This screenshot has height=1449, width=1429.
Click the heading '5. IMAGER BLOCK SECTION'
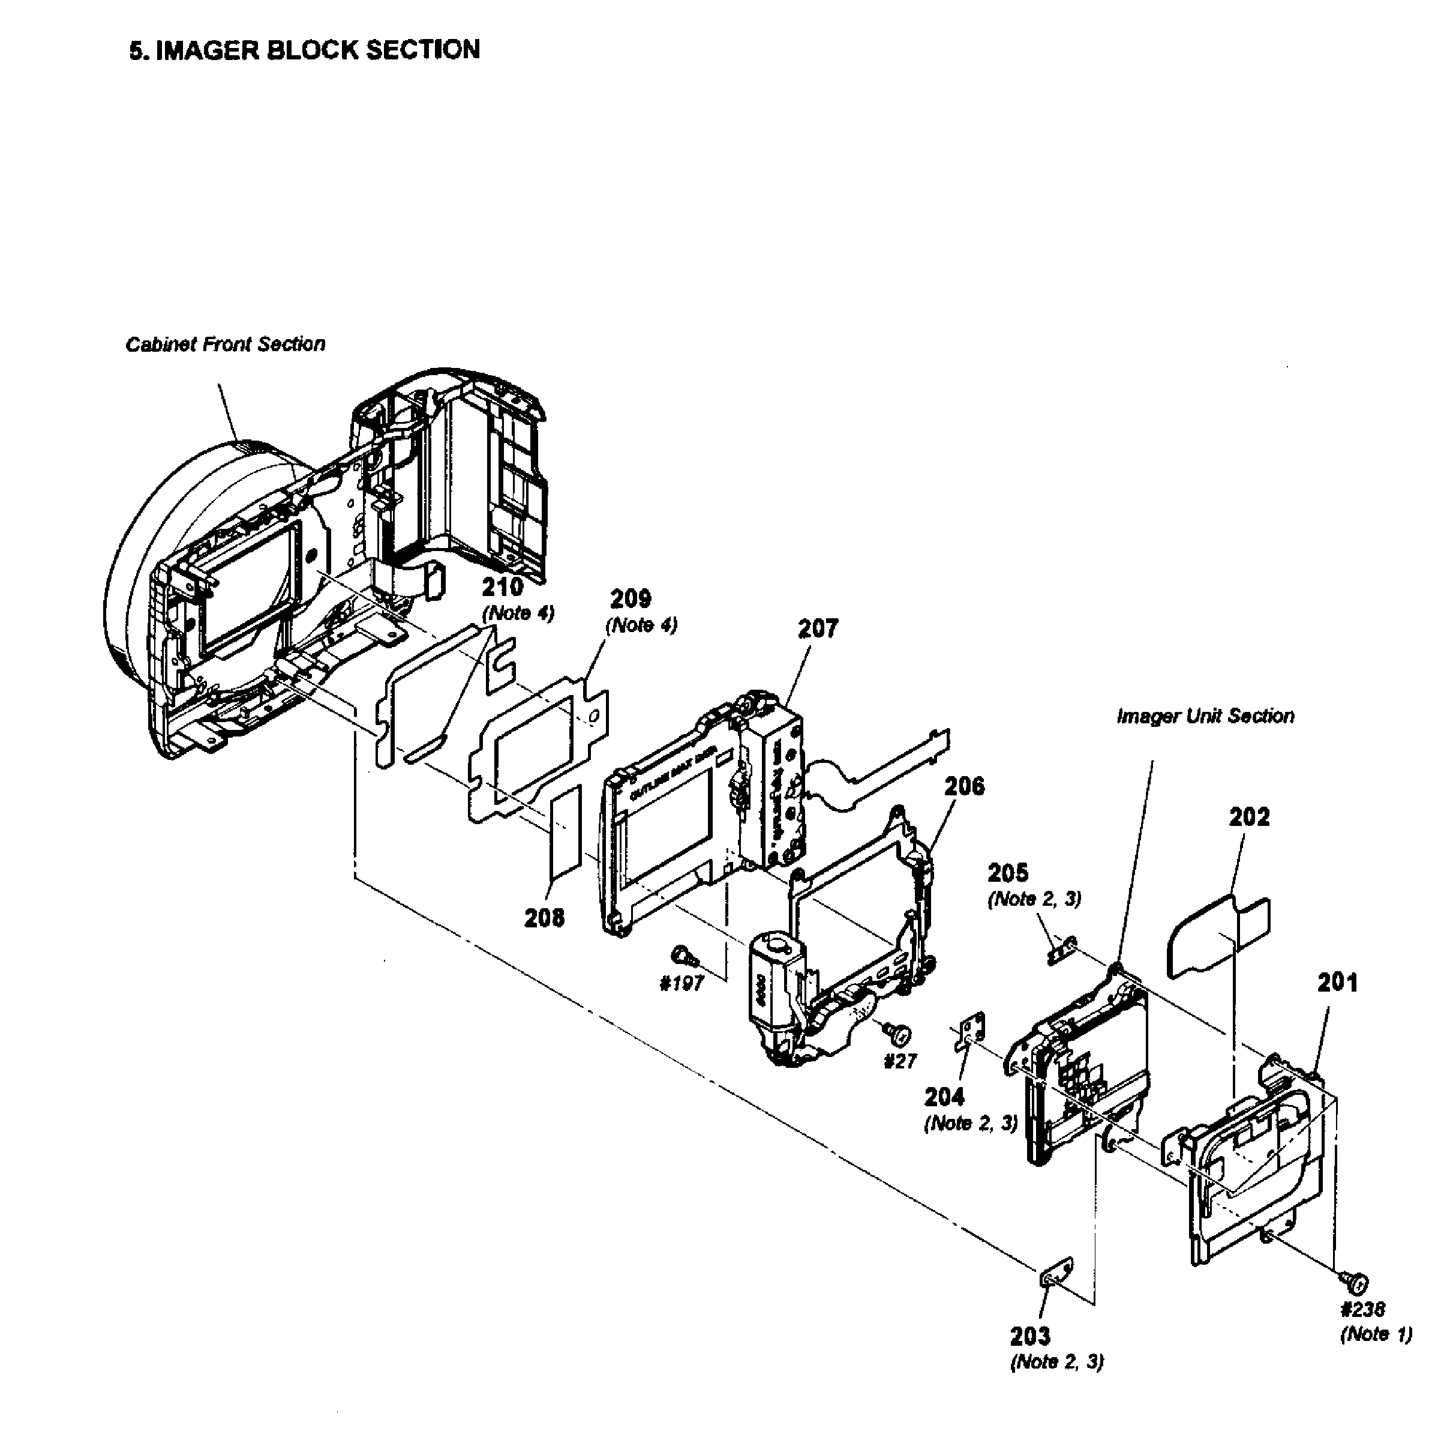pyautogui.click(x=304, y=49)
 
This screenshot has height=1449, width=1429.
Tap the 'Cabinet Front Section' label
pyautogui.click(x=225, y=345)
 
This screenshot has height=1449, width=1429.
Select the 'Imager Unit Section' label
pyautogui.click(x=1205, y=716)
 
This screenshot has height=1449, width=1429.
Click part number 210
pyautogui.click(x=502, y=587)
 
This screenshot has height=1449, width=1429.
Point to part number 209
pyautogui.click(x=630, y=598)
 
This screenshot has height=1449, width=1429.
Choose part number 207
pyautogui.click(x=817, y=628)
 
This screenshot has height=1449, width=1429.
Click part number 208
pyautogui.click(x=544, y=917)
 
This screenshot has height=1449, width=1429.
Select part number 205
pyautogui.click(x=1008, y=873)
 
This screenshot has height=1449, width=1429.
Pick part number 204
pyautogui.click(x=944, y=1097)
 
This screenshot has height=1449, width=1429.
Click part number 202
pyautogui.click(x=1249, y=817)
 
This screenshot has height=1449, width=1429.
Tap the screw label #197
pyautogui.click(x=682, y=983)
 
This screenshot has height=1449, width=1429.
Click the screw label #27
pyautogui.click(x=900, y=1061)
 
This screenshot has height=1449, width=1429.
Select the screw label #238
pyautogui.click(x=1362, y=1310)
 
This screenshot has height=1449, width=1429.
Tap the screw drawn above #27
pyautogui.click(x=897, y=1034)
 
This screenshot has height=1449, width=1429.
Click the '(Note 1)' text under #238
pyautogui.click(x=1376, y=1334)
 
